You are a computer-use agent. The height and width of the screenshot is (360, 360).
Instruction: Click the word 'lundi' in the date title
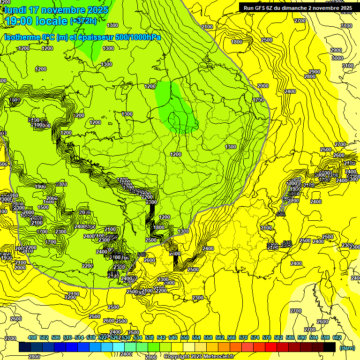click(x=15, y=9)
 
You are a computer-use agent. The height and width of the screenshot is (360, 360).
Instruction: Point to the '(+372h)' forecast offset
click(x=83, y=21)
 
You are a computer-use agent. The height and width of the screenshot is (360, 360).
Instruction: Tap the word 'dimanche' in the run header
click(x=304, y=8)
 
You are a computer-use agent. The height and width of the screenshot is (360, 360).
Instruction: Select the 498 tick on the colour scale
click(x=32, y=338)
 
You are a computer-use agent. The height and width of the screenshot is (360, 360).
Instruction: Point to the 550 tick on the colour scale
click(x=185, y=338)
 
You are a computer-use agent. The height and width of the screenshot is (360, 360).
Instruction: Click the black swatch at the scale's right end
click(x=330, y=347)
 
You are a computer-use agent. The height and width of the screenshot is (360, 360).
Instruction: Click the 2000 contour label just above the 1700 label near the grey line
click(x=263, y=86)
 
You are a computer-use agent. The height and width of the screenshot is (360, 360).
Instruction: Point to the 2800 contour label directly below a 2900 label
click(x=310, y=76)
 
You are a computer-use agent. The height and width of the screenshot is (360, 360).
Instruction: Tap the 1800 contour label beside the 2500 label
click(x=237, y=42)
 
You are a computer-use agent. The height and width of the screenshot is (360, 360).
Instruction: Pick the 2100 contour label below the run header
click(x=207, y=27)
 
